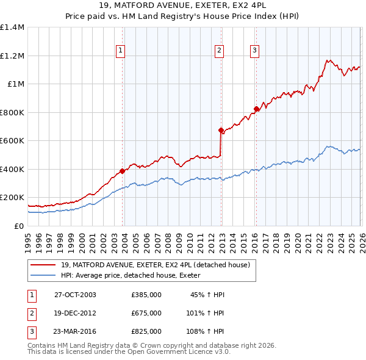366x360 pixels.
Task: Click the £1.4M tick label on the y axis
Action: (x=12, y=27)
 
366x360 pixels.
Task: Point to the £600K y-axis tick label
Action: (x=12, y=141)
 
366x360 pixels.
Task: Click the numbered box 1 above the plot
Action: (x=121, y=51)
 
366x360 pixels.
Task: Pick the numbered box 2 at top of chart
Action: (x=219, y=51)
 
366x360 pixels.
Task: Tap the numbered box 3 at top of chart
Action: (x=254, y=51)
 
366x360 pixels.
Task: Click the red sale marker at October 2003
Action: (x=123, y=171)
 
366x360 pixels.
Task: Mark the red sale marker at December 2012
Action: (x=221, y=130)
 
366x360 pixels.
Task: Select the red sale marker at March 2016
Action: (x=256, y=109)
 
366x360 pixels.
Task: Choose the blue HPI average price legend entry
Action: (x=135, y=276)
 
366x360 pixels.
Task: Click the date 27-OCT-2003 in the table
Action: (x=75, y=295)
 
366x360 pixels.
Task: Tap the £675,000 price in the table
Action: (x=146, y=313)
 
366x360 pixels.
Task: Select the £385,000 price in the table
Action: (x=146, y=295)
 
